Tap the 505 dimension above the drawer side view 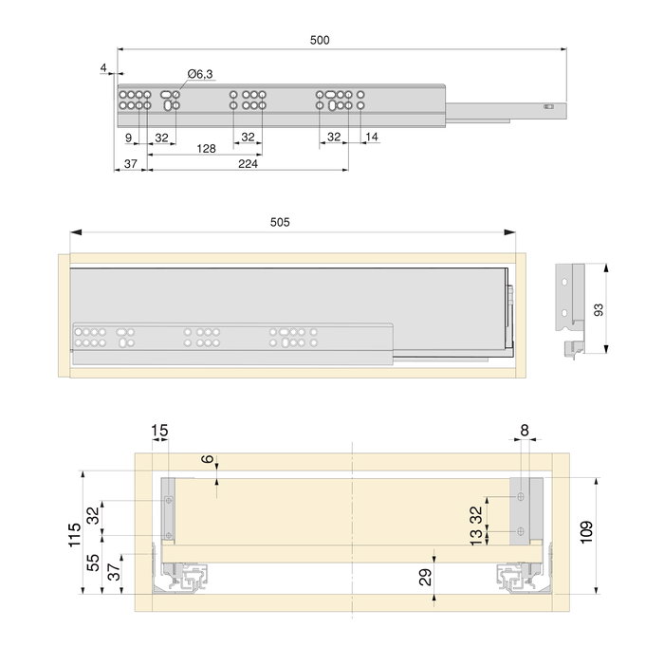pyautogui.click(x=280, y=222)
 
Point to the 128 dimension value pyautogui.click(x=206, y=149)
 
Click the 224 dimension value pyautogui.click(x=249, y=164)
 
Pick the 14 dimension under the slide pyautogui.click(x=371, y=138)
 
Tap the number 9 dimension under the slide pyautogui.click(x=128, y=138)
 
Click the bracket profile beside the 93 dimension pyautogui.click(x=574, y=308)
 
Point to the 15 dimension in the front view pyautogui.click(x=159, y=431)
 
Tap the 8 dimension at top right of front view pyautogui.click(x=525, y=431)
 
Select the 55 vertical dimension pyautogui.click(x=93, y=562)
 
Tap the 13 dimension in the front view pyautogui.click(x=475, y=538)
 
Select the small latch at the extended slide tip pyautogui.click(x=548, y=107)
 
